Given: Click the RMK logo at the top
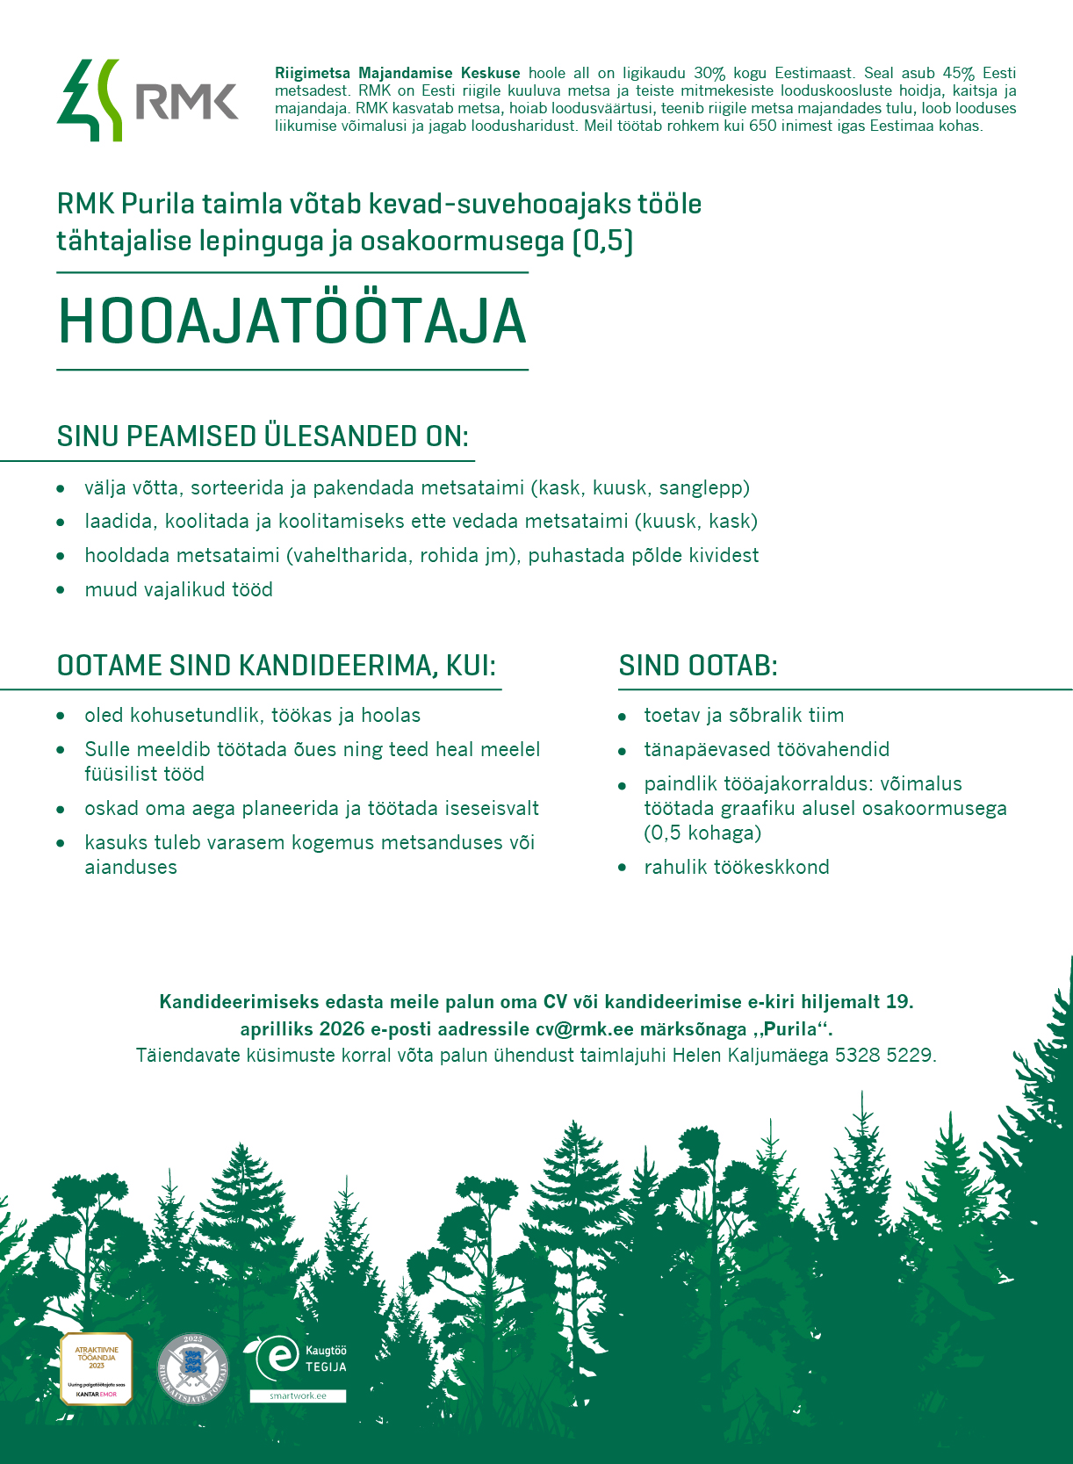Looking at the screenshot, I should click(148, 100).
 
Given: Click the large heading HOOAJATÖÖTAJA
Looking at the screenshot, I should click(292, 321).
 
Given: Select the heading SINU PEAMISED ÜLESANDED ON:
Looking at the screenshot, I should click(263, 436).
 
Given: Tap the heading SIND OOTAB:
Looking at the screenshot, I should click(698, 666).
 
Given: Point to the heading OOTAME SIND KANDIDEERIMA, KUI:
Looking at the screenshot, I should click(277, 666).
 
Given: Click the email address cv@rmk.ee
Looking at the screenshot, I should click(584, 1028).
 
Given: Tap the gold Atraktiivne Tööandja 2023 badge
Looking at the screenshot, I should click(96, 1368).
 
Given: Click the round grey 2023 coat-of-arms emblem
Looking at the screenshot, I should click(193, 1368).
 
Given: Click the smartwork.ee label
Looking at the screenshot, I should click(298, 1395).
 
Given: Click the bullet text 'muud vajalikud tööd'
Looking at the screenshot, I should click(178, 589).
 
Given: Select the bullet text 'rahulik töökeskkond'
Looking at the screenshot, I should click(736, 867).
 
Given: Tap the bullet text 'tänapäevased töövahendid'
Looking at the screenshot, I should click(766, 749).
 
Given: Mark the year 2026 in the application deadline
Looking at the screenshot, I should click(342, 1028).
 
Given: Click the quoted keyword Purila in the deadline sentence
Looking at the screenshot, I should click(793, 1028).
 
